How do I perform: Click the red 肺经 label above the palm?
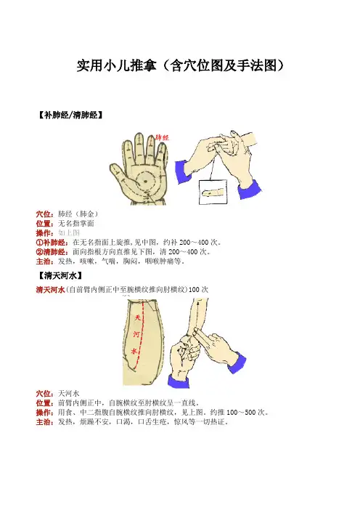click(162, 137)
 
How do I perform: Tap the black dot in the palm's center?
click(145, 181)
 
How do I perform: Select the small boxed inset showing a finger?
click(213, 193)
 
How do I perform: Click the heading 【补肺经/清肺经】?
click(70, 115)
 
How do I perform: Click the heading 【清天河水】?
click(60, 276)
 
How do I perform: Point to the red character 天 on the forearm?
click(137, 317)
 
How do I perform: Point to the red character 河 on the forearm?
click(136, 334)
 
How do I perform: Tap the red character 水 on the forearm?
click(134, 351)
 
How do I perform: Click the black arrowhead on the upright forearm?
click(199, 304)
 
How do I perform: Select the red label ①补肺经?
click(52, 243)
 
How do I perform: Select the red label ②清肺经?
click(52, 252)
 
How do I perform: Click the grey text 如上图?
click(69, 233)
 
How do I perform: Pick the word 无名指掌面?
click(76, 224)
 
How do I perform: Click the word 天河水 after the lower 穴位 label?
click(69, 394)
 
